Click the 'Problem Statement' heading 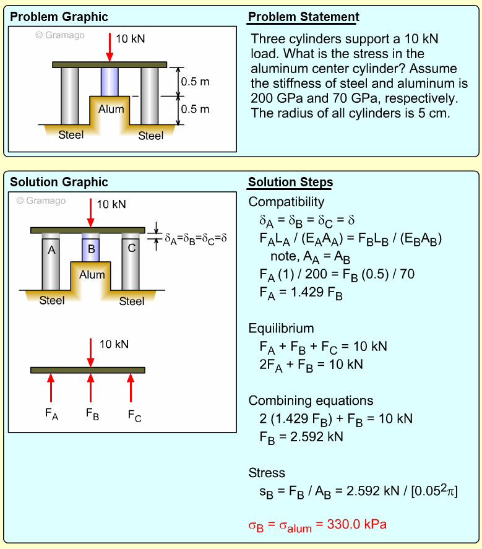click(x=303, y=17)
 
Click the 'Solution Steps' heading click(x=290, y=182)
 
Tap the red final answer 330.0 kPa click(x=317, y=525)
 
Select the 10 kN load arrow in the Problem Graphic click(x=110, y=46)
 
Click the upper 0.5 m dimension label click(x=195, y=81)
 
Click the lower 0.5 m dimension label click(x=195, y=109)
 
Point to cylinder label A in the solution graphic click(x=51, y=249)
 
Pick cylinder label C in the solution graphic click(x=131, y=249)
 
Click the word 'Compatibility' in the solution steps click(x=286, y=202)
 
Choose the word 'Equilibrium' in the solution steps click(x=281, y=328)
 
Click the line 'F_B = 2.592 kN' click(x=301, y=437)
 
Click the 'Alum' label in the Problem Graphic click(x=111, y=109)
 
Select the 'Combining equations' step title click(x=311, y=400)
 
